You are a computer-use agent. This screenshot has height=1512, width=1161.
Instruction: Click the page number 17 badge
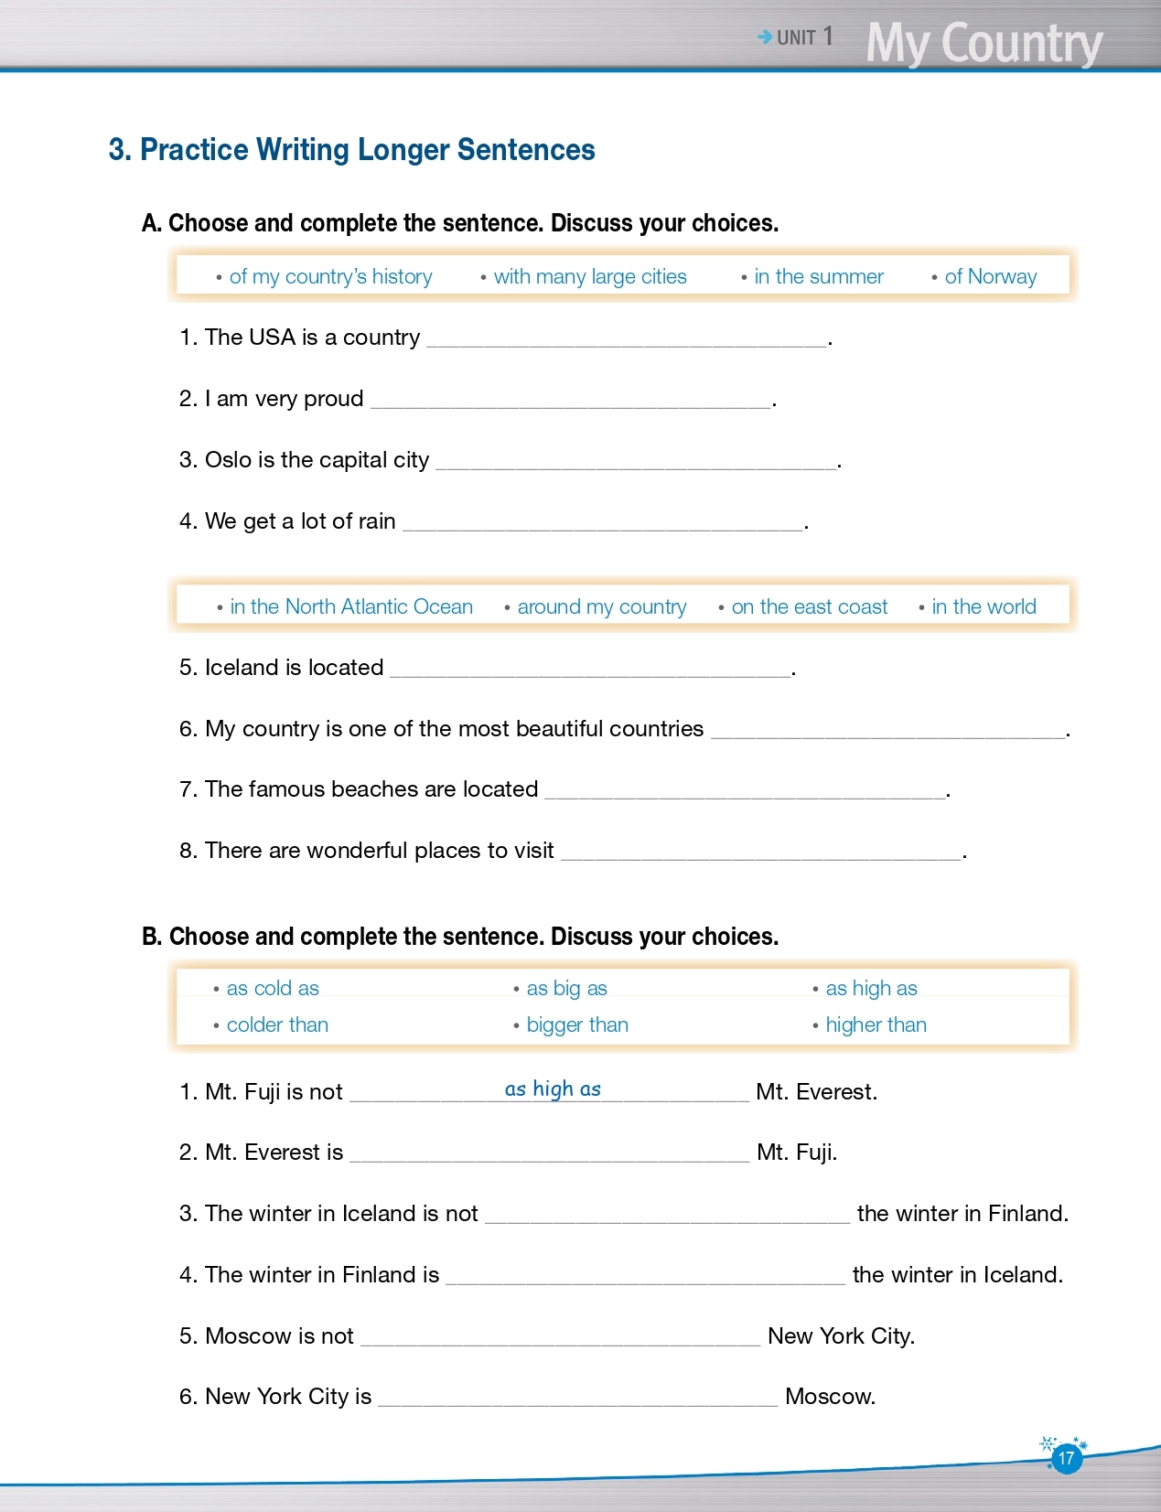1066,1458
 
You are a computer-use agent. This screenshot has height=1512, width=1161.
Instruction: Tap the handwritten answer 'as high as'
553,1088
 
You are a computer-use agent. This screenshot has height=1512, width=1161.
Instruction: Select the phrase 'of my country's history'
330,276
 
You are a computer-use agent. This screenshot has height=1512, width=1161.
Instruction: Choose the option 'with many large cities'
589,276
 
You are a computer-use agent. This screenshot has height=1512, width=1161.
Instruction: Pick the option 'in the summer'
818,276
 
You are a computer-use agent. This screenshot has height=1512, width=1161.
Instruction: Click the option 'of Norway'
990,276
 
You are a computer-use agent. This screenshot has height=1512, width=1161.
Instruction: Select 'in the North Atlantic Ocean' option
350,606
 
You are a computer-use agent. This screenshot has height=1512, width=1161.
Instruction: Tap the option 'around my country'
601,606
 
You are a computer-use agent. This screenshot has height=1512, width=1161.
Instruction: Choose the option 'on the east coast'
809,606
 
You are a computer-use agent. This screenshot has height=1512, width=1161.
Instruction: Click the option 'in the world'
984,606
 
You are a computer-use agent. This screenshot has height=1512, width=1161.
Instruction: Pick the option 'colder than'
276,1024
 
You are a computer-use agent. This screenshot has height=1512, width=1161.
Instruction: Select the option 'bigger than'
576,1024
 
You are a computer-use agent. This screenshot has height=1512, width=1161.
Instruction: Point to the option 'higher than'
876,1024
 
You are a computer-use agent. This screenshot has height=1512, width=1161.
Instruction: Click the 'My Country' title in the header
984,43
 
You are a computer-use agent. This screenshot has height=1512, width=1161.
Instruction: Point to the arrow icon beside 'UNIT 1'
765,38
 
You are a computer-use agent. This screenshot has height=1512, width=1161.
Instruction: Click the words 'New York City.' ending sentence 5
841,1335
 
